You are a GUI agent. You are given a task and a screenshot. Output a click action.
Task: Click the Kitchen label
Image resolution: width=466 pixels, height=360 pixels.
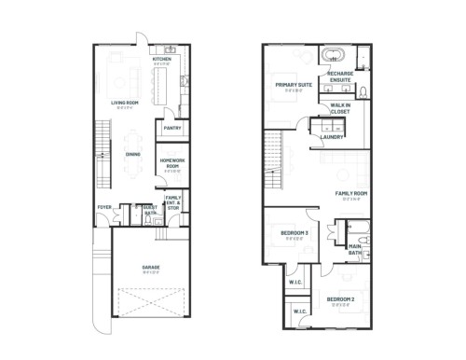coord(162,60)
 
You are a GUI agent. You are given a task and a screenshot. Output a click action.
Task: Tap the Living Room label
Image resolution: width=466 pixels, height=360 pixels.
coord(125,104)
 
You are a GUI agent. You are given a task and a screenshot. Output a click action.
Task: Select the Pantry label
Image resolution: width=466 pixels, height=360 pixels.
coord(172,130)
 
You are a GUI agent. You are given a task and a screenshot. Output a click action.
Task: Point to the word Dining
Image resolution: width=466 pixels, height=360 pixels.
coord(132,155)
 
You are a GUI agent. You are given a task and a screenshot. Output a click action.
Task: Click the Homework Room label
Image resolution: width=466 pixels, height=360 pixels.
coord(171,165)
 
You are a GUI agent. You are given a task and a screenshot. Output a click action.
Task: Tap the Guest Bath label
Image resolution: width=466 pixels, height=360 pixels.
coord(150,210)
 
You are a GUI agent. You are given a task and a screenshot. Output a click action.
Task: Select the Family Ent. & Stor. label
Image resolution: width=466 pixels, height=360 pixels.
coord(173,201)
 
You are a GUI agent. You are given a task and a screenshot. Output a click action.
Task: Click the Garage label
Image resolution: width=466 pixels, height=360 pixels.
coord(150,268)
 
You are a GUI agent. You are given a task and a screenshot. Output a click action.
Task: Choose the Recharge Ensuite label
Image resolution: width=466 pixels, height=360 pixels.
coord(340,77)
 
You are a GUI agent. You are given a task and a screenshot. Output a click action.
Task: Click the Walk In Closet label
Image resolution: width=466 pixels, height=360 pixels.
coord(340,108)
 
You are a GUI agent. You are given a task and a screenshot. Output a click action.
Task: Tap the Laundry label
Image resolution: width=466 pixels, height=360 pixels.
coord(332,137)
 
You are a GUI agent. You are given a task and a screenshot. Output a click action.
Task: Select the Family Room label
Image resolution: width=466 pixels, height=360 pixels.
coord(351,194)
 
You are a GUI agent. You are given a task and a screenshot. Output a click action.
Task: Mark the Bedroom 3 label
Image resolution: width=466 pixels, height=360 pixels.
coord(295,231)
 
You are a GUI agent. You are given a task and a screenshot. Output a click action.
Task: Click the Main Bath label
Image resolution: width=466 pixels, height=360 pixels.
coord(355,250)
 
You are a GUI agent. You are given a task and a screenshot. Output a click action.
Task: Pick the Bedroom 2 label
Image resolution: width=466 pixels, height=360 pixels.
coord(340,298)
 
